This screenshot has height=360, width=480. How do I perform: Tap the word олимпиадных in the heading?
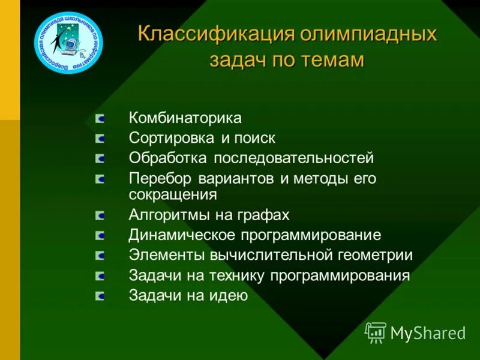click(x=368, y=34)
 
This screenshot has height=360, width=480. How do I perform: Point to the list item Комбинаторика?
click(x=185, y=118)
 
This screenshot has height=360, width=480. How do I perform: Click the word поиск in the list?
click(x=254, y=138)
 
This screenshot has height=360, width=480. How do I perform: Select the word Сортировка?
click(x=172, y=138)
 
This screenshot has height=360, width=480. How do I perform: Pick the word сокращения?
click(x=173, y=194)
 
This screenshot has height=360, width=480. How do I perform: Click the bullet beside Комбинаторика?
click(x=100, y=118)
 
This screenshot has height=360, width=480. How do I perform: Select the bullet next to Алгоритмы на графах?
click(x=100, y=215)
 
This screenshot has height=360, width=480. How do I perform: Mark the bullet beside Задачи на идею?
click(x=100, y=296)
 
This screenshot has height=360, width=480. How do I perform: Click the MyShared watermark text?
click(x=428, y=332)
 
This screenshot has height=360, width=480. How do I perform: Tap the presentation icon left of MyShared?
click(x=376, y=332)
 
